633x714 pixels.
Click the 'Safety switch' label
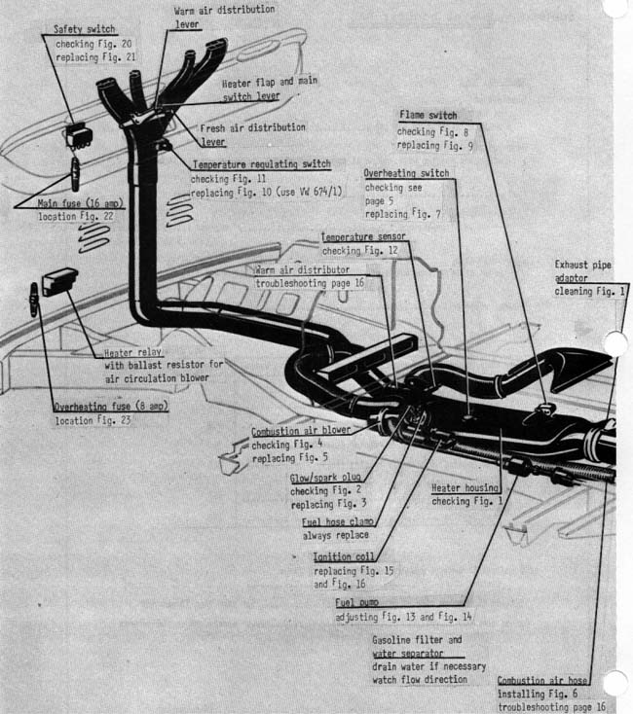(x=86, y=30)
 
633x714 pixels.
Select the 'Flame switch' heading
(x=427, y=116)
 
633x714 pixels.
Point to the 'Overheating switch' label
(x=406, y=173)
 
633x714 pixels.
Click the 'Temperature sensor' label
(x=363, y=236)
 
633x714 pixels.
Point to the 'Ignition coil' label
(x=339, y=557)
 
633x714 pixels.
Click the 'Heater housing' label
(x=465, y=488)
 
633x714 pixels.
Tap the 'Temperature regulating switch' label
(x=261, y=165)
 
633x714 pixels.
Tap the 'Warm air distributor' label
(x=301, y=269)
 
